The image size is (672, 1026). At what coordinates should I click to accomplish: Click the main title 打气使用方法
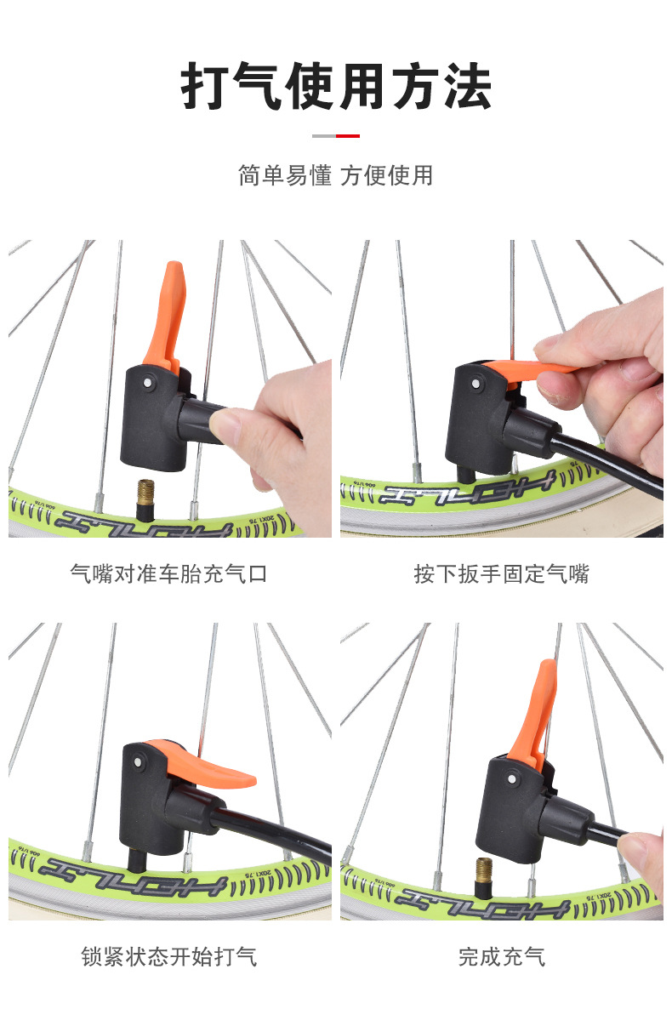(336, 87)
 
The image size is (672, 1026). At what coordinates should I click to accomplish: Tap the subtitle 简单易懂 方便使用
(336, 175)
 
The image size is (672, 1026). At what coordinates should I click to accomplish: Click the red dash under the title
(348, 136)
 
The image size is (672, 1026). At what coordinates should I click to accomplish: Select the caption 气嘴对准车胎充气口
(168, 573)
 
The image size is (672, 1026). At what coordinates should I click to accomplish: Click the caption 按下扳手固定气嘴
(502, 573)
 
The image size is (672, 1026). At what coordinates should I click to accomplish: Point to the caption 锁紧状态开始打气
(168, 956)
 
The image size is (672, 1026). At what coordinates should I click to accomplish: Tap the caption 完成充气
(502, 956)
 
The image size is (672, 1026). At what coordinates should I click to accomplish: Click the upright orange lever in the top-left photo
(166, 311)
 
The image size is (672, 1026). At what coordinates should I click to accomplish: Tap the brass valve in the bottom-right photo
(484, 875)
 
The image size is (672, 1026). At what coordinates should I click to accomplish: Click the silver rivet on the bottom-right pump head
(513, 777)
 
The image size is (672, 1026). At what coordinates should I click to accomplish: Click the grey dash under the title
(324, 136)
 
